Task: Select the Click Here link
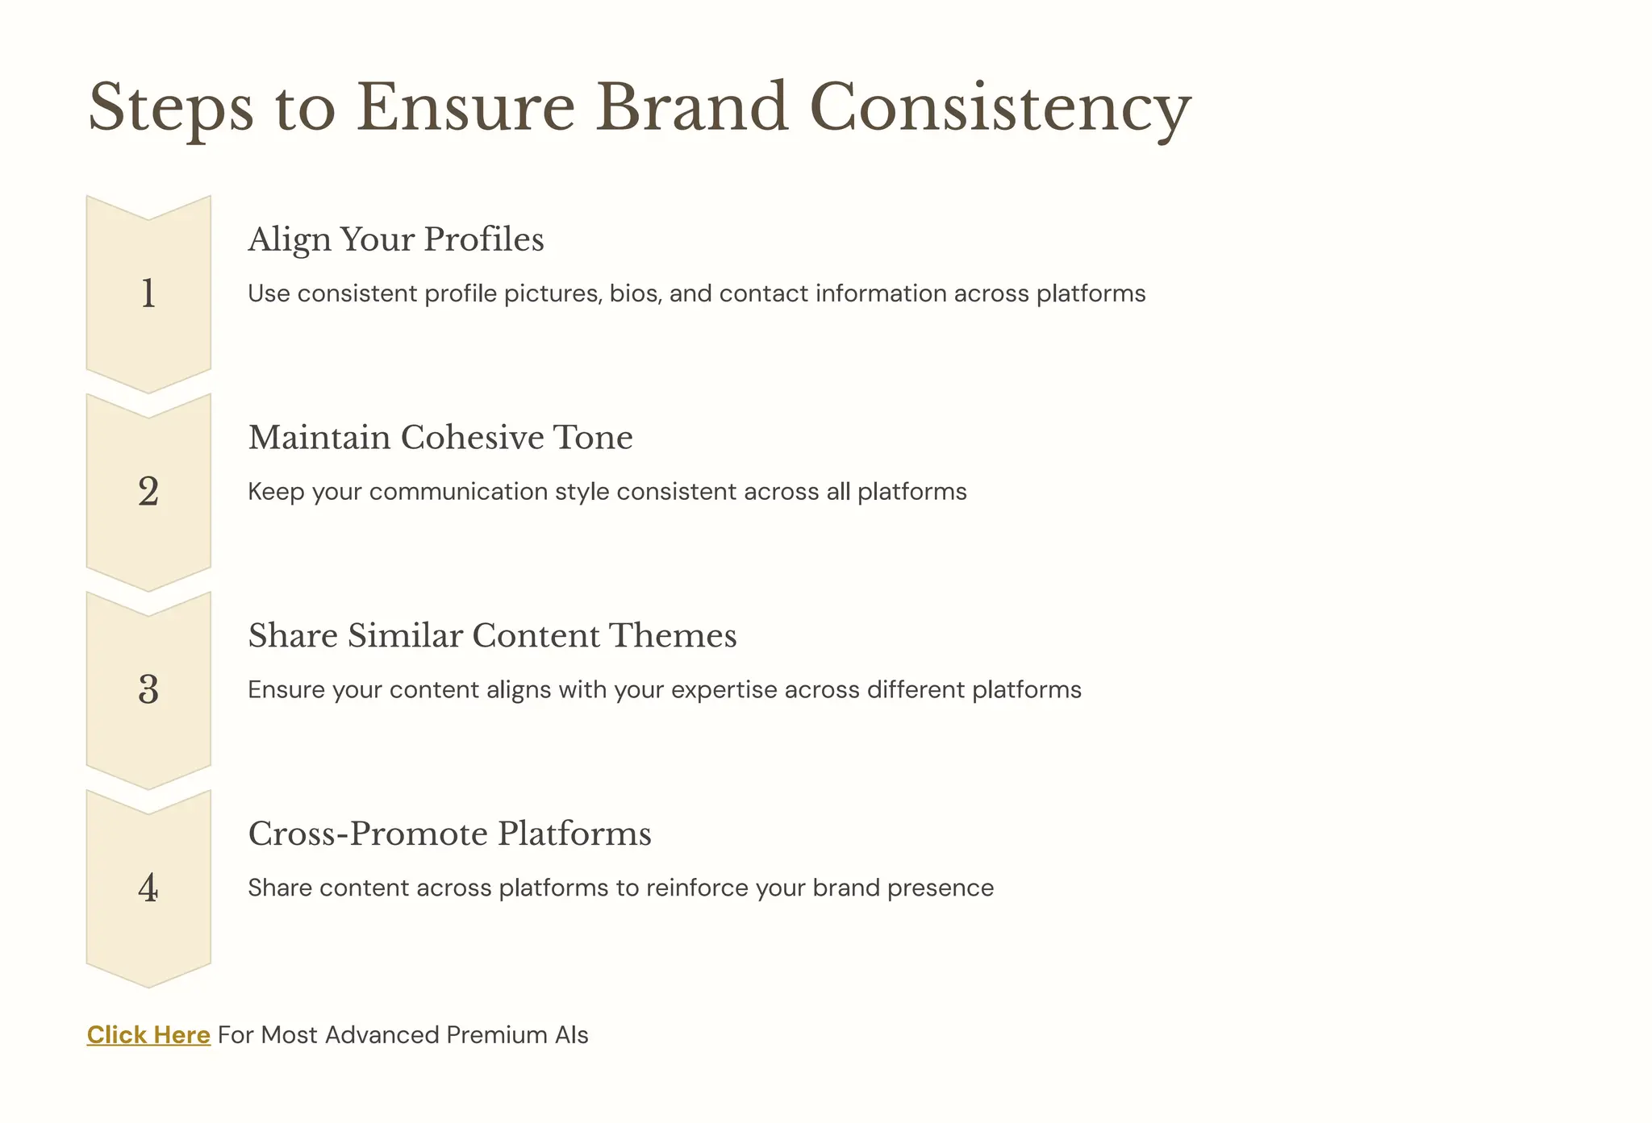pyautogui.click(x=148, y=1034)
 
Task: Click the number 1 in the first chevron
pyautogui.click(x=148, y=293)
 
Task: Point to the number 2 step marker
pyautogui.click(x=148, y=492)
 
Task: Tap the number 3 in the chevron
pyautogui.click(x=148, y=690)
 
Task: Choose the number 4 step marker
pyautogui.click(x=148, y=888)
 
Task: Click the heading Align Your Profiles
pyautogui.click(x=396, y=239)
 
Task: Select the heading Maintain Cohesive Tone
pyautogui.click(x=440, y=438)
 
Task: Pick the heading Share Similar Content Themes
pyautogui.click(x=492, y=636)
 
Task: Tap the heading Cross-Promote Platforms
pyautogui.click(x=449, y=834)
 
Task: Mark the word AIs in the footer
pyautogui.click(x=571, y=1034)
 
